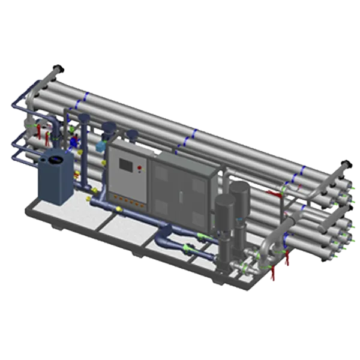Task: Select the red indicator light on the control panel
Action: [x=140, y=167]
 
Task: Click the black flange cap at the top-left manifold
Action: [x=58, y=67]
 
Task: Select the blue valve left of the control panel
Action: [x=74, y=143]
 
